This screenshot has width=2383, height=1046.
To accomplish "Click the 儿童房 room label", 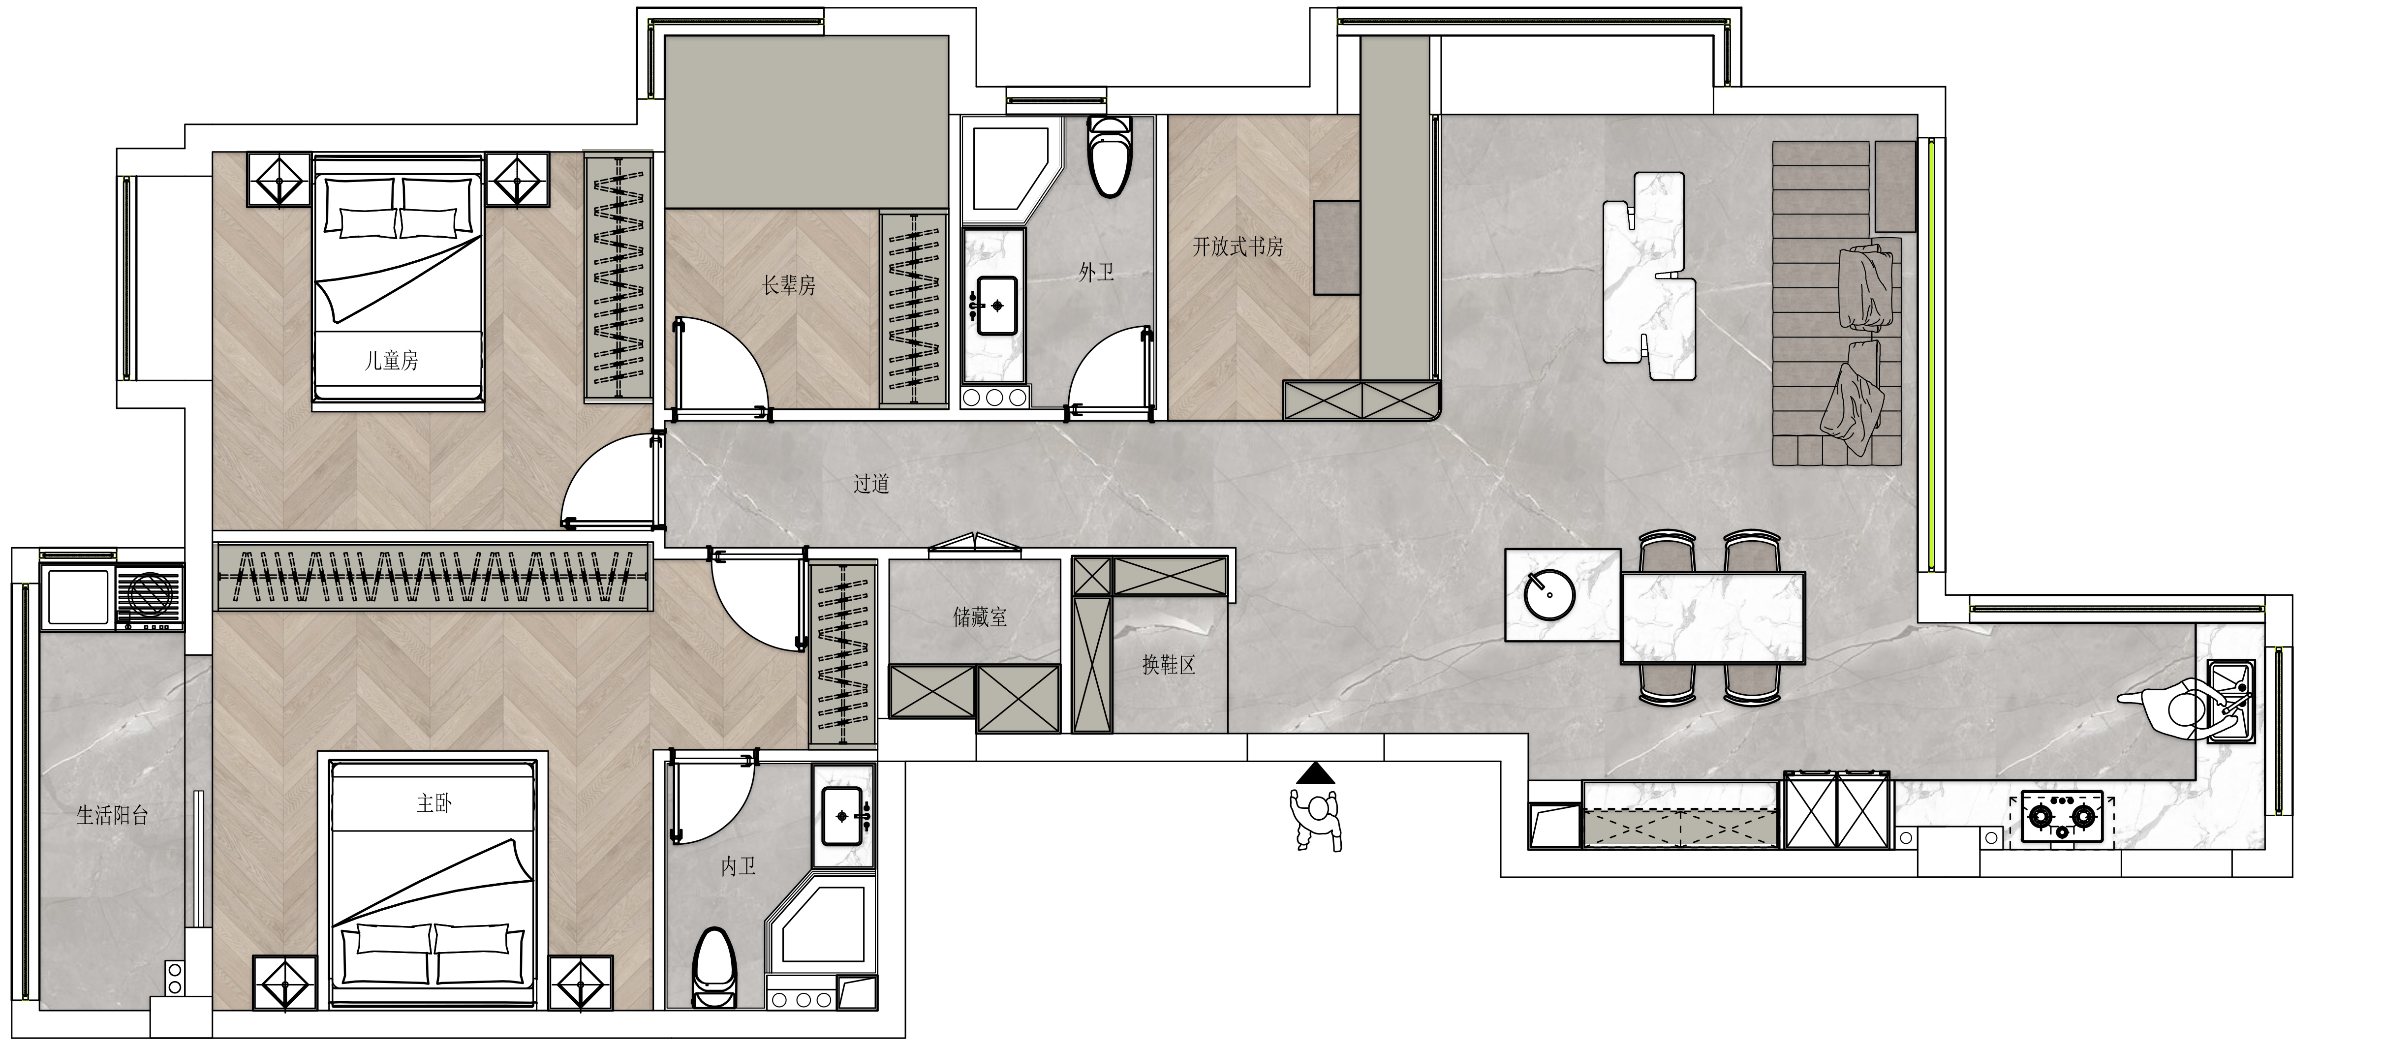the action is tap(391, 360).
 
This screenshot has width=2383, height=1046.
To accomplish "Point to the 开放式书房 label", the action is tap(1238, 247).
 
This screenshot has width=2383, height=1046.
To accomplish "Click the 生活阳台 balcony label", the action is tap(112, 815).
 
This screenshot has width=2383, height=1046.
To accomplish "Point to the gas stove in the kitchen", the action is tap(2062, 816).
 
